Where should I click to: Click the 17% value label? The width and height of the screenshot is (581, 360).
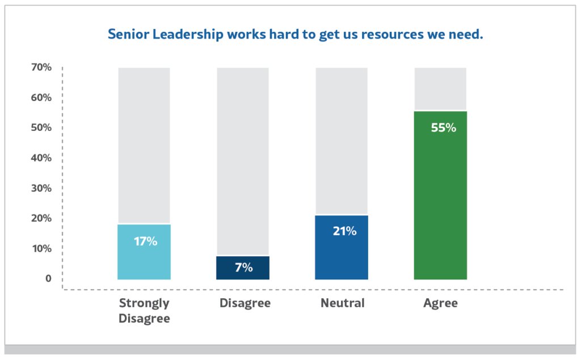coord(145,241)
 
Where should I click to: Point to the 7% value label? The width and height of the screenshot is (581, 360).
coord(243,268)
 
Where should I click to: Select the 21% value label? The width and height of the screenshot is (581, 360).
coord(344,231)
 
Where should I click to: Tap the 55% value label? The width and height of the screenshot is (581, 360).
coord(443,128)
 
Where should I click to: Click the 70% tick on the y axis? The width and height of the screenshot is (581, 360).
coord(41,67)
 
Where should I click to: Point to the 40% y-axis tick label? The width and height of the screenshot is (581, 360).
coord(41,158)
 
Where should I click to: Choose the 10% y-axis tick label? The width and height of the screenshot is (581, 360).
coord(41,248)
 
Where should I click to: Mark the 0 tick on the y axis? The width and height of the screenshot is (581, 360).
coord(48,278)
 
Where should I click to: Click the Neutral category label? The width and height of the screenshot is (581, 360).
coord(342,303)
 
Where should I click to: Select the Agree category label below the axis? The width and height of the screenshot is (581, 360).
coord(440,303)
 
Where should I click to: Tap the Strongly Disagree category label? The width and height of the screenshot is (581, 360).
coord(144,311)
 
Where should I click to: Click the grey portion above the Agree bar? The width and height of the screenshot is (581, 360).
coord(440,88)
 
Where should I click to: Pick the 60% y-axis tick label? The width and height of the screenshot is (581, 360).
coord(41,98)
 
